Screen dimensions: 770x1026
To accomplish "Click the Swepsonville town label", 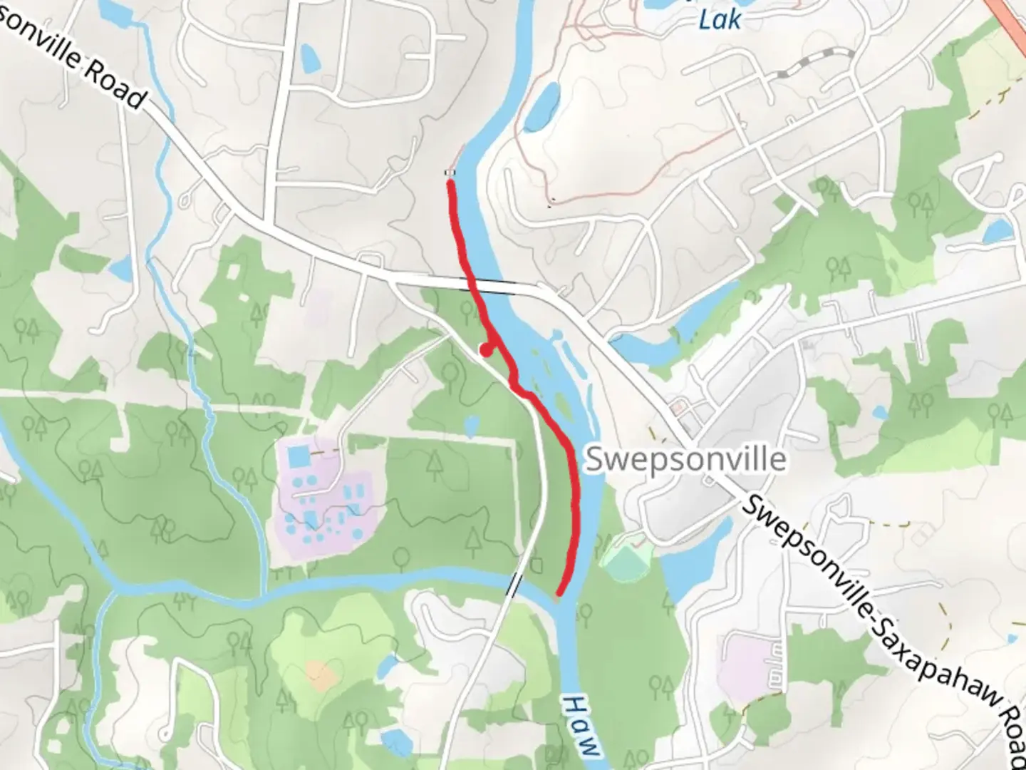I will (x=685, y=460).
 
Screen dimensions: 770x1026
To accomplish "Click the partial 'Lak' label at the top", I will (x=720, y=19).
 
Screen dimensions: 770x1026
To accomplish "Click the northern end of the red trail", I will (x=450, y=184).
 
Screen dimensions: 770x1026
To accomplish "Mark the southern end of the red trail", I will (x=560, y=592).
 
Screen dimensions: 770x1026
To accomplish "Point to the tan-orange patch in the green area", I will (x=320, y=673).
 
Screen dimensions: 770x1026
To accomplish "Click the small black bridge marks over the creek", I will (x=514, y=585).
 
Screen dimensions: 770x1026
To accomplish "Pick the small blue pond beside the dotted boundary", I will (x=470, y=426).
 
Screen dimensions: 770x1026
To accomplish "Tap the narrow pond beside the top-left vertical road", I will (x=309, y=58).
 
